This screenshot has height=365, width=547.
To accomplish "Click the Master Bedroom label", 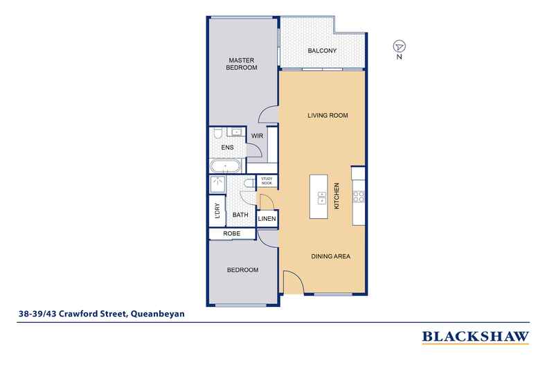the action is (x=242, y=64).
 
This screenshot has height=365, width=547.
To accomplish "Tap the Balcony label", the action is (x=322, y=51).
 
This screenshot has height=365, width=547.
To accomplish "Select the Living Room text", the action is (x=328, y=115).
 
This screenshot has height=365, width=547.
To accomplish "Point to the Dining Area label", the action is (x=330, y=256).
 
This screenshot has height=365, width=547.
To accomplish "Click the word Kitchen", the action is (x=337, y=196).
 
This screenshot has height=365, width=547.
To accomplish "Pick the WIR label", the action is (x=257, y=136).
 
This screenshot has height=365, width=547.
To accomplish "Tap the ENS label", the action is (x=227, y=148).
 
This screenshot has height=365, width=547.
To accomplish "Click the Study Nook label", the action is (x=267, y=181).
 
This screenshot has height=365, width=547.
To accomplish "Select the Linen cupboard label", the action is (x=267, y=219).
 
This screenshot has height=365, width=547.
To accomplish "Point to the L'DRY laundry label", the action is (x=217, y=211).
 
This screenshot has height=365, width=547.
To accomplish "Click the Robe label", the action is (x=232, y=233).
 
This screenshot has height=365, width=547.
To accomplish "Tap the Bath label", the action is (x=240, y=215).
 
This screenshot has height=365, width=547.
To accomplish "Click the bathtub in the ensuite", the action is (x=225, y=166).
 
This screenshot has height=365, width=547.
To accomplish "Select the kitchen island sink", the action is (x=322, y=197).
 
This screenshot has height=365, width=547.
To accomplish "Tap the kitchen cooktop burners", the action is (x=359, y=197).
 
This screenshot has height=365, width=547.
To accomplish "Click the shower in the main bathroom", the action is (x=217, y=184).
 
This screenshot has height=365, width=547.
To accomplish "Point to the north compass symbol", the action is (x=400, y=46).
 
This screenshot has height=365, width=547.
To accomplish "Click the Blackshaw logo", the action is (x=476, y=337).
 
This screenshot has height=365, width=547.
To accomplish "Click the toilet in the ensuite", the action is (x=217, y=133).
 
